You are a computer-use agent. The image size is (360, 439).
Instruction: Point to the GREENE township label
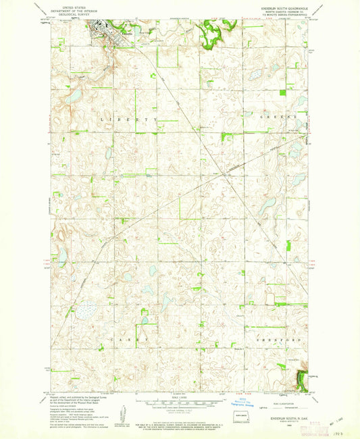[279, 117]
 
